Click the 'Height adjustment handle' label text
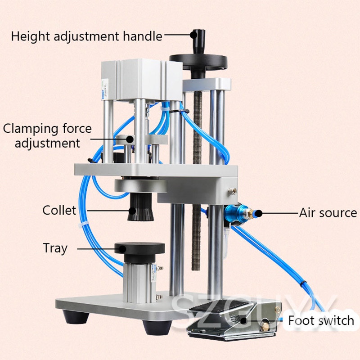point(86,36)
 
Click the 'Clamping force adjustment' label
point(47,135)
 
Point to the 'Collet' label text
point(59,210)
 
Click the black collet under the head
point(140,207)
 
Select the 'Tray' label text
point(55,248)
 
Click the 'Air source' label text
point(328,213)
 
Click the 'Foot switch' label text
point(321,320)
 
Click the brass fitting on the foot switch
point(266,325)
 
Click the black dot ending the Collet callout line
point(132,211)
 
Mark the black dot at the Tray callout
point(122,249)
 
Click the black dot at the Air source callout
point(258,213)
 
